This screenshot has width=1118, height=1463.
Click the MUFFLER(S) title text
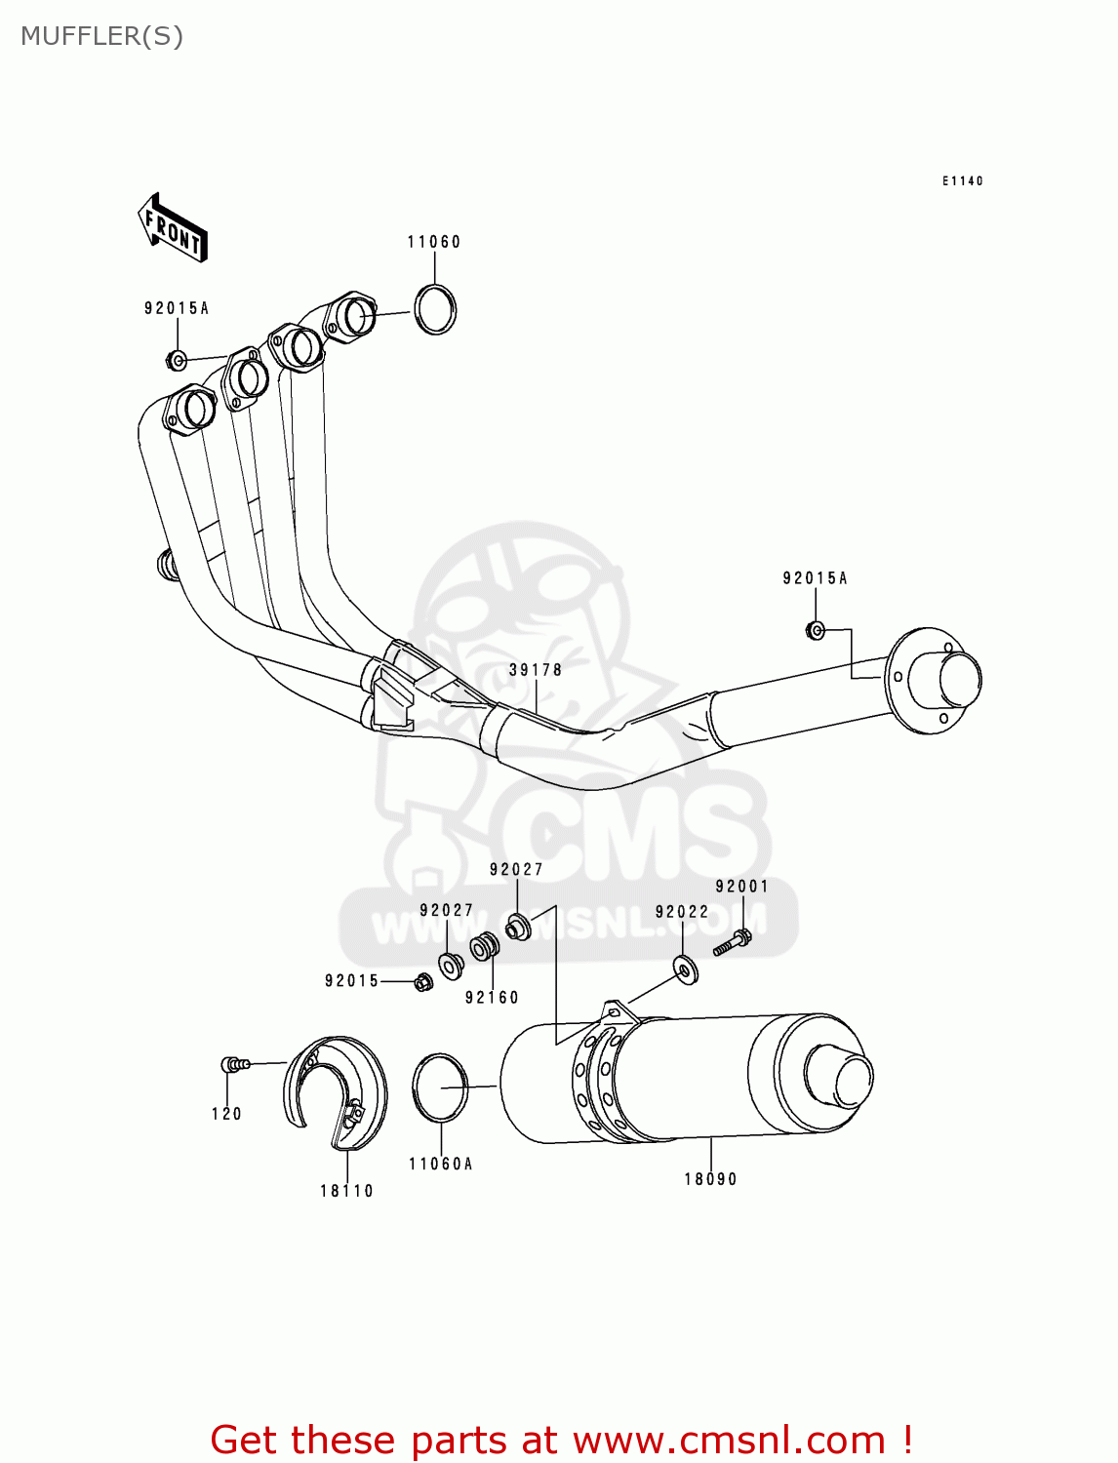pos(101,36)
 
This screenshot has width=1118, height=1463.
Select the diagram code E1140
pos(962,181)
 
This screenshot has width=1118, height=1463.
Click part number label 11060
pos(434,242)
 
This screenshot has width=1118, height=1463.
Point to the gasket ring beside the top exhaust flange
pos(435,309)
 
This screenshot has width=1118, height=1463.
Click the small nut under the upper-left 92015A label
pos(177,360)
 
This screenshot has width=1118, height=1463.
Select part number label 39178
pos(536,670)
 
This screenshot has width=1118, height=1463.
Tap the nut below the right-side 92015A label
pos(816,630)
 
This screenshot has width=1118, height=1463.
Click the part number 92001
pos(742,887)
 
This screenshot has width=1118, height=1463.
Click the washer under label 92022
pos(686,970)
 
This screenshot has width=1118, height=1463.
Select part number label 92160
pos(492,997)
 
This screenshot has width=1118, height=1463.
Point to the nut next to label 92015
pos(422,982)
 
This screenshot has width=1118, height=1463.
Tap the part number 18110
pos(347,1191)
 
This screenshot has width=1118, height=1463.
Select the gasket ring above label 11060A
pos(440,1087)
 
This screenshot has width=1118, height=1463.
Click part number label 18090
pos(710,1179)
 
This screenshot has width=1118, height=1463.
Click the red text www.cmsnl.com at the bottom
pos(728,1441)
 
